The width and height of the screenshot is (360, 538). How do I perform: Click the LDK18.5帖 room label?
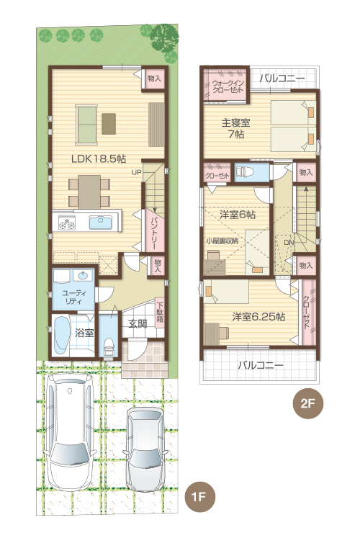pyautogui.click(x=99, y=156)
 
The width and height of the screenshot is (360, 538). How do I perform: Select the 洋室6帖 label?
pyautogui.click(x=238, y=214)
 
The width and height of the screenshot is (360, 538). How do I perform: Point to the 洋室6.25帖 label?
pyautogui.click(x=258, y=316)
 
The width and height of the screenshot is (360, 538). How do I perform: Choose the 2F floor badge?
pyautogui.click(x=306, y=403)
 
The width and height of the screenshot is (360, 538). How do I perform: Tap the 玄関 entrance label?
pyautogui.click(x=138, y=324)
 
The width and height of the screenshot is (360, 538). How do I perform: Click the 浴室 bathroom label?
pyautogui.click(x=85, y=333)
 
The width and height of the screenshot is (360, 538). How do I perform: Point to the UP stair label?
pyautogui.click(x=136, y=172)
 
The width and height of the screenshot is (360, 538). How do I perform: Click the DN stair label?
pyautogui.click(x=289, y=243)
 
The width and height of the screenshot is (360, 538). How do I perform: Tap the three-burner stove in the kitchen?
pyautogui.click(x=68, y=223)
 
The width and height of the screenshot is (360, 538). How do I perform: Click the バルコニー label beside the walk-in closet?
pyautogui.click(x=282, y=78)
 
